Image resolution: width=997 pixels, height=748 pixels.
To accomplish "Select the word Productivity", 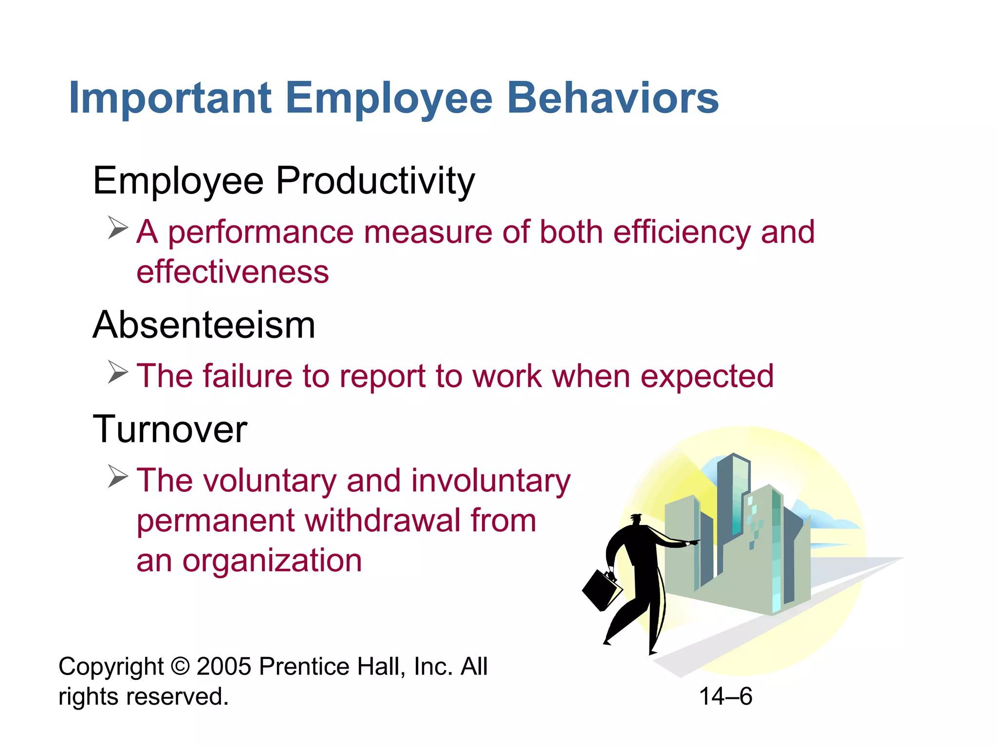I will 375,182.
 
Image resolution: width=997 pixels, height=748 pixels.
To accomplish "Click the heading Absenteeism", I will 204,325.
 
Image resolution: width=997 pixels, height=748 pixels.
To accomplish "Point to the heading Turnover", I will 170,430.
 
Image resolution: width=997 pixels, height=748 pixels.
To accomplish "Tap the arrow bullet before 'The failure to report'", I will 118,373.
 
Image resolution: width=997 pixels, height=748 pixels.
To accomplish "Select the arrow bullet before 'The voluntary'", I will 118,476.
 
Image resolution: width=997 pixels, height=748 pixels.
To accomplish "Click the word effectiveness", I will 233,272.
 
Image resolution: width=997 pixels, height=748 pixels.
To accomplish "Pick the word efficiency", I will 682,232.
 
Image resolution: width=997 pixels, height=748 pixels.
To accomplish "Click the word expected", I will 707,376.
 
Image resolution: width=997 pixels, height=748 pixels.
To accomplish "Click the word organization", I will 272,561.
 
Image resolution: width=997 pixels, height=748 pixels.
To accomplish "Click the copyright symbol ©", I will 181,666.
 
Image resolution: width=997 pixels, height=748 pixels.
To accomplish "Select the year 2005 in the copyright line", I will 224,666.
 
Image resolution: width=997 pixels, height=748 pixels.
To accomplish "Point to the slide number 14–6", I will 725,696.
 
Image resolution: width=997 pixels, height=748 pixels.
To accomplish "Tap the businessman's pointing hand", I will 692,542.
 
